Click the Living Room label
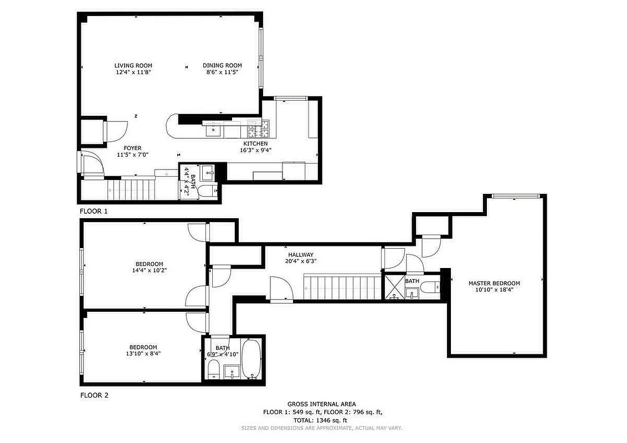(x=133, y=65)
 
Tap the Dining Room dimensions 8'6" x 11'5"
(x=222, y=72)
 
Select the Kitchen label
(x=255, y=143)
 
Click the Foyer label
(x=132, y=148)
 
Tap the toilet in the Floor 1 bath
(x=209, y=192)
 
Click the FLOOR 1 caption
(x=94, y=211)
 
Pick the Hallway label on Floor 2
(x=301, y=255)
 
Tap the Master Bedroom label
(x=494, y=283)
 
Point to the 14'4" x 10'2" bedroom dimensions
(x=149, y=271)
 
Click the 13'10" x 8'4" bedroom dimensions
(x=143, y=353)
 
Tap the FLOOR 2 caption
(x=94, y=395)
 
